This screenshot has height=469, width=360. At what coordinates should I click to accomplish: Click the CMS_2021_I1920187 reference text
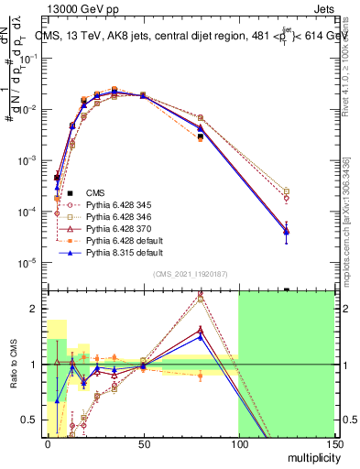190,273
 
